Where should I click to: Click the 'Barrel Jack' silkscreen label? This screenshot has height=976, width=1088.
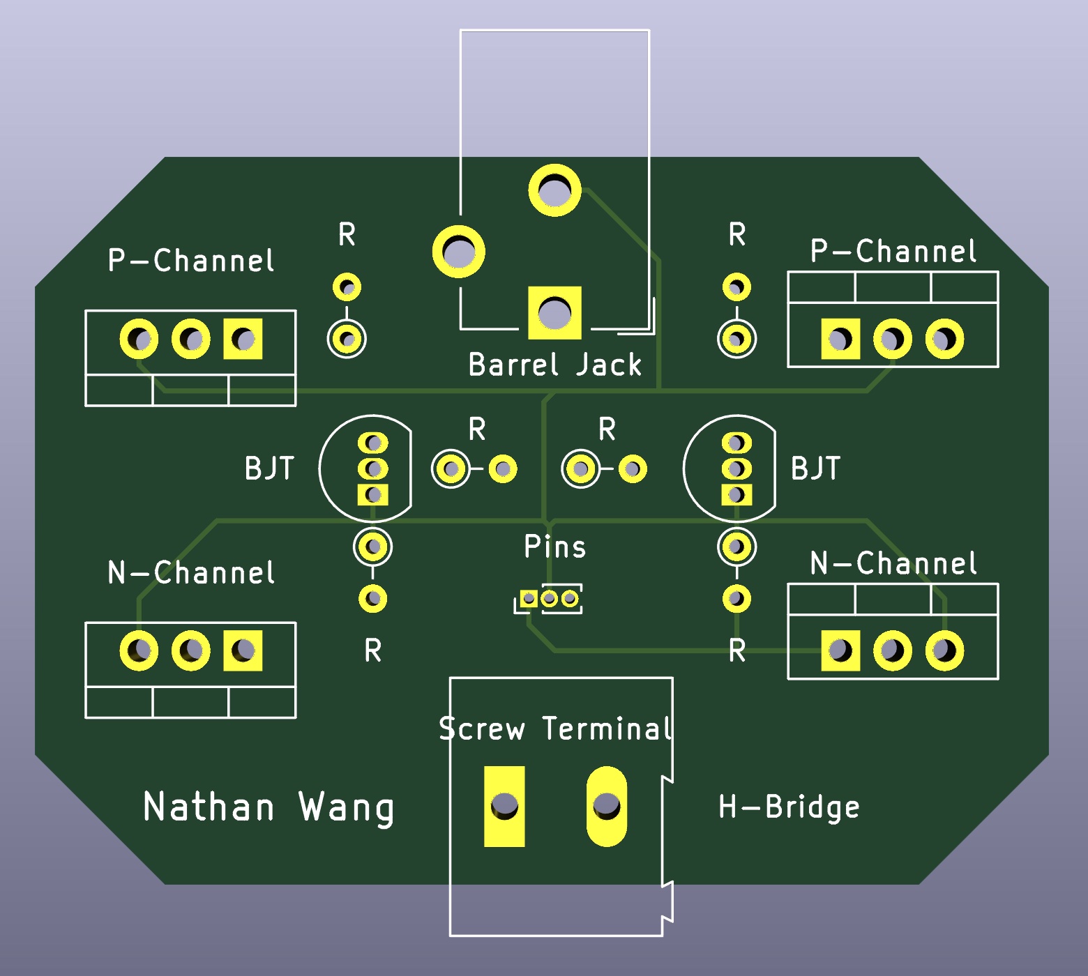pyautogui.click(x=554, y=365)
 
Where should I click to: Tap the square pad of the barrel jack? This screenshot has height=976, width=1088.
pyautogui.click(x=554, y=313)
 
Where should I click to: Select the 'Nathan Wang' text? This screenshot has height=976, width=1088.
pyautogui.click(x=269, y=807)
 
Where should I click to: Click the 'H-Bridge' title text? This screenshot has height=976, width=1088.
pyautogui.click(x=789, y=807)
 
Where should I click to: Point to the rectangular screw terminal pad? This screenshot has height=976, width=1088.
pyautogui.click(x=504, y=807)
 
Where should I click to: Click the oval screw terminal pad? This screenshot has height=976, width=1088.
pyautogui.click(x=607, y=807)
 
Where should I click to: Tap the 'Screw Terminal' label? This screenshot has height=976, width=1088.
pyautogui.click(x=556, y=729)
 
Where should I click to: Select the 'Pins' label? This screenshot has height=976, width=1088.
pyautogui.click(x=554, y=547)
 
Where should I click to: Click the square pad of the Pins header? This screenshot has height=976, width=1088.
pyautogui.click(x=529, y=599)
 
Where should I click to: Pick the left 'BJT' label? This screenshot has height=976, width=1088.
pyautogui.click(x=269, y=468)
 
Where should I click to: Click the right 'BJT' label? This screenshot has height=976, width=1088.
pyautogui.click(x=815, y=468)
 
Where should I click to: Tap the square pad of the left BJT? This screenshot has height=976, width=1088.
pyautogui.click(x=373, y=495)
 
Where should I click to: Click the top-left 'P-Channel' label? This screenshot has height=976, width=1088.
pyautogui.click(x=191, y=261)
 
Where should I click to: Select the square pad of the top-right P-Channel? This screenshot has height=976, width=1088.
pyautogui.click(x=840, y=340)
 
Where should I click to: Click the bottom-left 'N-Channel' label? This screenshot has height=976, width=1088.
pyautogui.click(x=191, y=573)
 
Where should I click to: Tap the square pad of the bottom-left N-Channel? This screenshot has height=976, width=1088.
pyautogui.click(x=243, y=651)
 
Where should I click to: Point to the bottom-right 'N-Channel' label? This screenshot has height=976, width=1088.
pyautogui.click(x=893, y=563)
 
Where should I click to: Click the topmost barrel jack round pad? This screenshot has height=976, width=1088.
pyautogui.click(x=554, y=190)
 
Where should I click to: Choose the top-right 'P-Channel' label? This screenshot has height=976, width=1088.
pyautogui.click(x=893, y=251)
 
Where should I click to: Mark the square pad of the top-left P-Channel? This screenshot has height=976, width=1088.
pyautogui.click(x=243, y=340)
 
